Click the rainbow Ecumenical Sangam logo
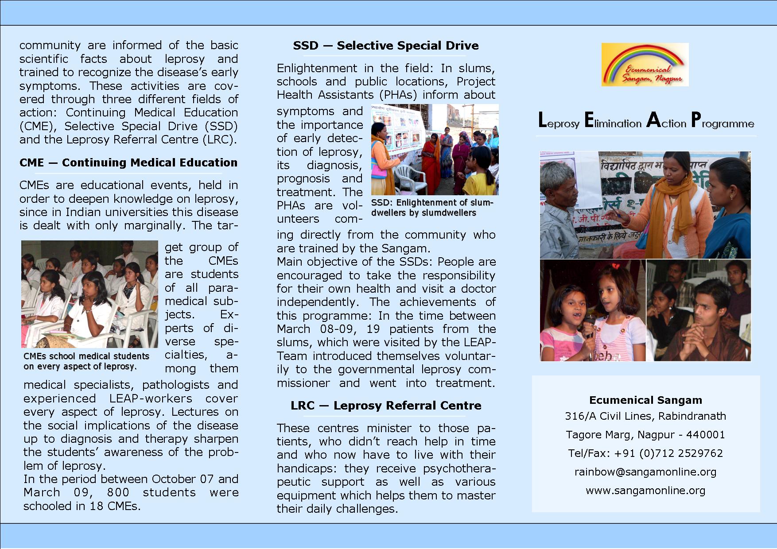pos(645,65)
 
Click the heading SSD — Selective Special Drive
pos(385,46)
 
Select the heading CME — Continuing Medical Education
pos(128,162)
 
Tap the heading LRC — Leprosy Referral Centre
pos(385,406)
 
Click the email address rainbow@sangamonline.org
pos(645,472)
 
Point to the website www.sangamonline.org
pos(645,491)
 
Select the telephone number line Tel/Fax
pos(645,453)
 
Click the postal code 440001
pos(706,435)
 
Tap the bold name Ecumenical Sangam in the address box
pos(645,400)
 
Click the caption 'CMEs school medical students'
pos(86,356)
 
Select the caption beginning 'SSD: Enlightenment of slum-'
pos(432,203)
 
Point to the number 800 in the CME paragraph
pos(118,492)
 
